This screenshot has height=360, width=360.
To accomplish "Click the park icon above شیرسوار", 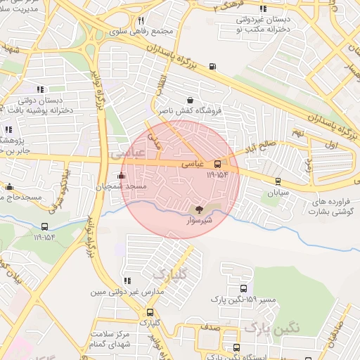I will point(199,209).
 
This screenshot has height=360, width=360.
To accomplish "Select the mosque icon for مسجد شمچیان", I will point(122,175).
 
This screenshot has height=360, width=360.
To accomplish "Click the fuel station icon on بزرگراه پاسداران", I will point(212,68).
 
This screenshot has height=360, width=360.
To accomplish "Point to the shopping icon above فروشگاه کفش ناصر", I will point(191,100).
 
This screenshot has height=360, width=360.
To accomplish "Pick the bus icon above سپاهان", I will point(278,181).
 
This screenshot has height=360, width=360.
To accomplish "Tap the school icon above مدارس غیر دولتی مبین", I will point(127,281).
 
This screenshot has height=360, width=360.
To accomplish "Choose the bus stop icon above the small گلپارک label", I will point(149,312).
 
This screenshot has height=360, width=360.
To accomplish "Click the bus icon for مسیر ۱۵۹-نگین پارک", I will point(243,288).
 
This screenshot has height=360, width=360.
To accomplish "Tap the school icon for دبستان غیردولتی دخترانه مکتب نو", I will point(263,9).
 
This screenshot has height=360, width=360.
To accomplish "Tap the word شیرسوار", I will point(199,220).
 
